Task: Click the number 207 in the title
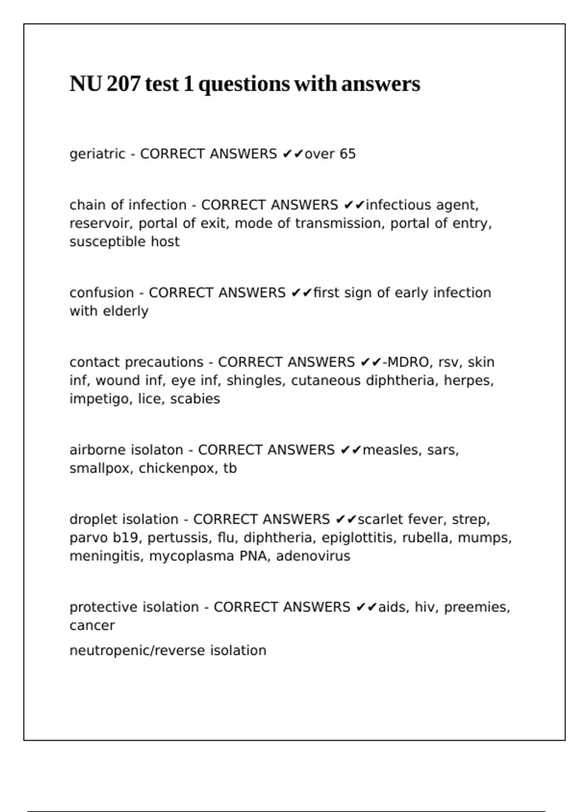click(124, 84)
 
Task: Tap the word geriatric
click(97, 154)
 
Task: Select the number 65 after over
click(348, 154)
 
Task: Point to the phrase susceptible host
click(125, 242)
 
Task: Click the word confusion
click(102, 293)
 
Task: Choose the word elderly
click(129, 311)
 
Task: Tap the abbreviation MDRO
click(408, 362)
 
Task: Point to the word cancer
click(92, 626)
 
